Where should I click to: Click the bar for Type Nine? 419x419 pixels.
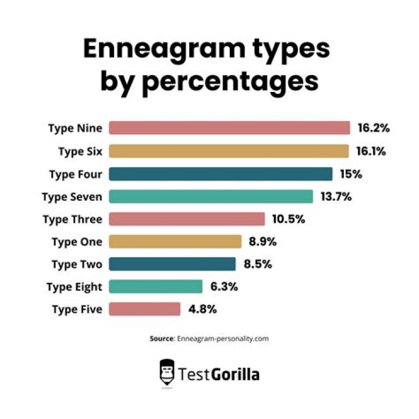(x=229, y=128)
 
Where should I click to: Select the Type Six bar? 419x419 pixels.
(x=229, y=151)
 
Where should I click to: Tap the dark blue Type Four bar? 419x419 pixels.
(x=221, y=174)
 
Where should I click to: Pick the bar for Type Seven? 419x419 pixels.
(x=211, y=197)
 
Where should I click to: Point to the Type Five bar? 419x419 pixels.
(x=144, y=309)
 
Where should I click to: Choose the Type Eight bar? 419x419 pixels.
(x=155, y=286)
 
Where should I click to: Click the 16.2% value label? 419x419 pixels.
(x=373, y=128)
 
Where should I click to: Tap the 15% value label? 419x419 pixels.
(x=350, y=174)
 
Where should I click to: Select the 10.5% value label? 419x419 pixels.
(x=288, y=219)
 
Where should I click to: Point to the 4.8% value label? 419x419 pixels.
(x=203, y=309)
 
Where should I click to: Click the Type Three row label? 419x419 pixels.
(x=73, y=219)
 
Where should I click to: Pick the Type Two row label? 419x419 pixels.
(x=77, y=264)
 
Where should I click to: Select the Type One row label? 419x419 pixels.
(x=77, y=242)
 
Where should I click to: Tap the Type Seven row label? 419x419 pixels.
(x=72, y=197)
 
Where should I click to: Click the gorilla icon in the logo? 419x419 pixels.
(x=168, y=373)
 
